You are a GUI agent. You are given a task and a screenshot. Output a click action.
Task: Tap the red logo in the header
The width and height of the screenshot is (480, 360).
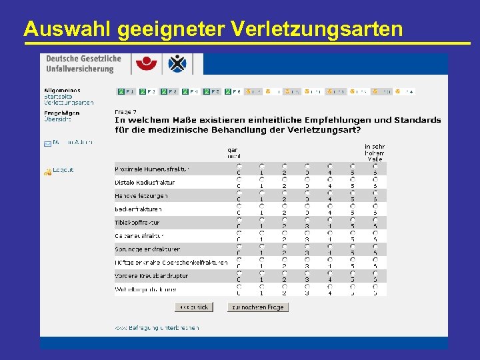146,64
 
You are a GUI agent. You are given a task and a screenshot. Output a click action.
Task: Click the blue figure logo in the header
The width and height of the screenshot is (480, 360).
177,64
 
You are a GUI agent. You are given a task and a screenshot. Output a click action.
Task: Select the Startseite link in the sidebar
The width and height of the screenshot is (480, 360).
58,97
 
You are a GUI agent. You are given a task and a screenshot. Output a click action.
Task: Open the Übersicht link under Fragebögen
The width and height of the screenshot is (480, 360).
57,119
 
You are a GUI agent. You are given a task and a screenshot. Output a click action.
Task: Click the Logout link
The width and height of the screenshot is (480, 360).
63,170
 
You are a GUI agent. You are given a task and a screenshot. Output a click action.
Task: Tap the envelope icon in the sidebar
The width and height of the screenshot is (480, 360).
47,143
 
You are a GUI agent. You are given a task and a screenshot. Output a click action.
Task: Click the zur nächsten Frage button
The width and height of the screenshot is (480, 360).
257,307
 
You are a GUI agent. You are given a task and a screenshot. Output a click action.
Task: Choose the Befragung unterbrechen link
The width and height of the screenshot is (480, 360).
156,327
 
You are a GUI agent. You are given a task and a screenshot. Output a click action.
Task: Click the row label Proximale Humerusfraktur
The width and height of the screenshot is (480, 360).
152,169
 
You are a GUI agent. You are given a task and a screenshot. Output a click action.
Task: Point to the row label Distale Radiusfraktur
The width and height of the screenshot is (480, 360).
145,182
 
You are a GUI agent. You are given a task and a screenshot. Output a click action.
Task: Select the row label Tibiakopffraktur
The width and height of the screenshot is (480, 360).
137,222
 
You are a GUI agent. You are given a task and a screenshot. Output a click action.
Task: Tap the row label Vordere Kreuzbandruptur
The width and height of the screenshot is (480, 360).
151,275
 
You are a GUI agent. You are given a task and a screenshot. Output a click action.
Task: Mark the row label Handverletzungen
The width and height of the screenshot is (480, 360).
141,195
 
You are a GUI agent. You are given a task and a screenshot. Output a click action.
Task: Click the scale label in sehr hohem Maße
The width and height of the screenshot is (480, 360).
374,153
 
